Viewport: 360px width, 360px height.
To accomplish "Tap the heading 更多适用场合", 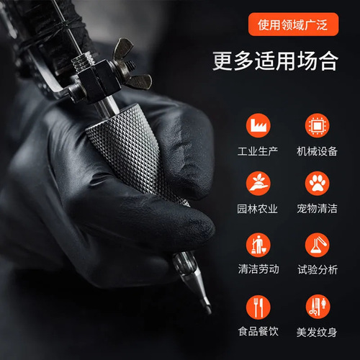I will (x=274, y=60).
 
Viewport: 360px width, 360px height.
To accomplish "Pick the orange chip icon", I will (x=315, y=125).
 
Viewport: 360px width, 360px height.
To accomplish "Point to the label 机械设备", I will (x=317, y=152).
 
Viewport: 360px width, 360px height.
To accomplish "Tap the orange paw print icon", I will (x=315, y=184).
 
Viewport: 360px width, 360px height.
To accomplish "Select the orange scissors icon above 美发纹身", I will (x=315, y=307).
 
